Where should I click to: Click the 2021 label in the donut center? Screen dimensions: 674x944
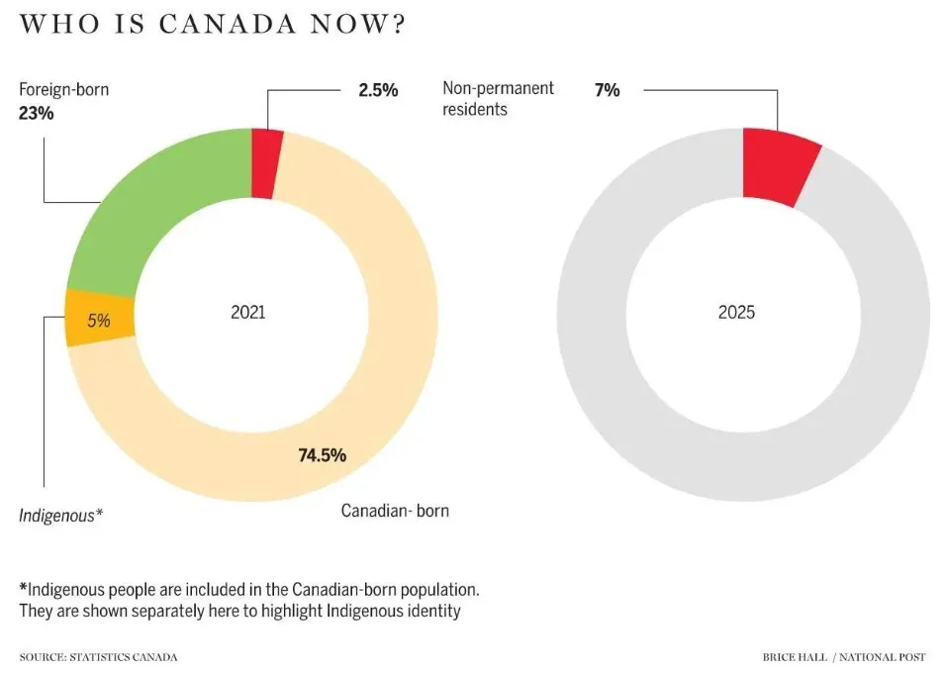248,313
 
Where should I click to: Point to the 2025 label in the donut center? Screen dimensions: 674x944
736,313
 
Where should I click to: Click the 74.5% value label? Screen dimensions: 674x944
322,455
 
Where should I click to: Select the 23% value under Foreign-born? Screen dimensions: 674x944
36,113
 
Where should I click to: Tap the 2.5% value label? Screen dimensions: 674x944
378,90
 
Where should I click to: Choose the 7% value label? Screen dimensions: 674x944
607,90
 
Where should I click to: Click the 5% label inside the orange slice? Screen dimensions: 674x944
98,321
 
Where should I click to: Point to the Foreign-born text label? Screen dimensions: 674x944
64,90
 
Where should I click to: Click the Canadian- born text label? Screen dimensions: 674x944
395,511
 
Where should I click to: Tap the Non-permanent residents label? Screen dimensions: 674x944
498,99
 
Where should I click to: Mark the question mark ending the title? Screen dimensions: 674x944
398,24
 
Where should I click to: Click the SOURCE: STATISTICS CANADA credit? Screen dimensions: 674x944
98,656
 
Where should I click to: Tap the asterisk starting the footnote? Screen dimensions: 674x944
23,587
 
